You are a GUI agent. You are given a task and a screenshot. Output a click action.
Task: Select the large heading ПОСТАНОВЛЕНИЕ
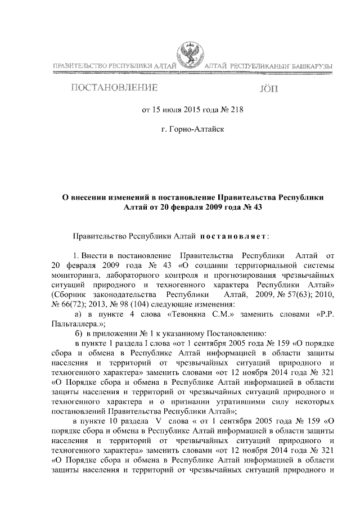click(x=114, y=88)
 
